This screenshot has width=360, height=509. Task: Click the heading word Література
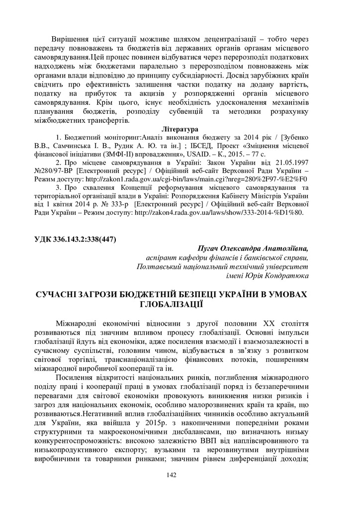tap(180, 129)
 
